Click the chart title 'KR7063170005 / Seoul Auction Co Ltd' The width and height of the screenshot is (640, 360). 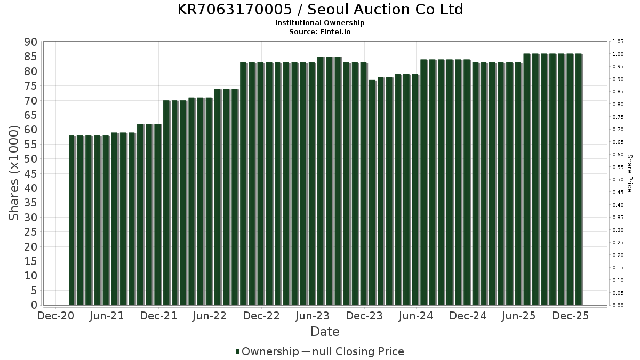point(320,10)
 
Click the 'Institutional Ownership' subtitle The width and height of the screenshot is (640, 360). point(320,23)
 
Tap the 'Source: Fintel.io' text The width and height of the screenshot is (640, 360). point(320,32)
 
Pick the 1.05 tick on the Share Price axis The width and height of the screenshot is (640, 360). point(618,42)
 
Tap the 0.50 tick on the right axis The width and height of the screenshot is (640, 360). point(618,180)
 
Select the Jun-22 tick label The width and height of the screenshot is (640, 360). point(210,316)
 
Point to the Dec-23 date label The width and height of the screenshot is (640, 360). point(365,316)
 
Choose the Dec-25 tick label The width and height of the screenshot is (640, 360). point(571,316)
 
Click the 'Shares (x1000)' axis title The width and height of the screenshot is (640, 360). point(14,173)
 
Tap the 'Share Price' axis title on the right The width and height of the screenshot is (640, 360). point(629,173)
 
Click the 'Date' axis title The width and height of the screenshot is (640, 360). point(325,332)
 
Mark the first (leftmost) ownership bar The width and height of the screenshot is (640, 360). point(72,220)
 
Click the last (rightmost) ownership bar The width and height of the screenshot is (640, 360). point(579,179)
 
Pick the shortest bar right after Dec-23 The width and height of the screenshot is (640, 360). point(372,192)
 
